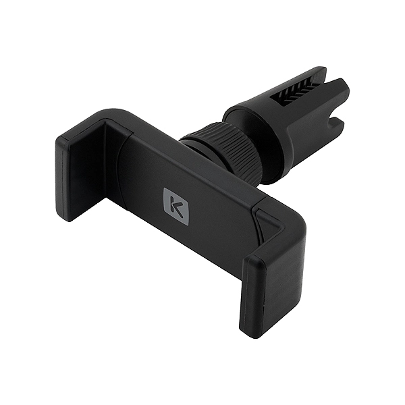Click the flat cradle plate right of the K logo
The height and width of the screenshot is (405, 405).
(216, 216)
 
